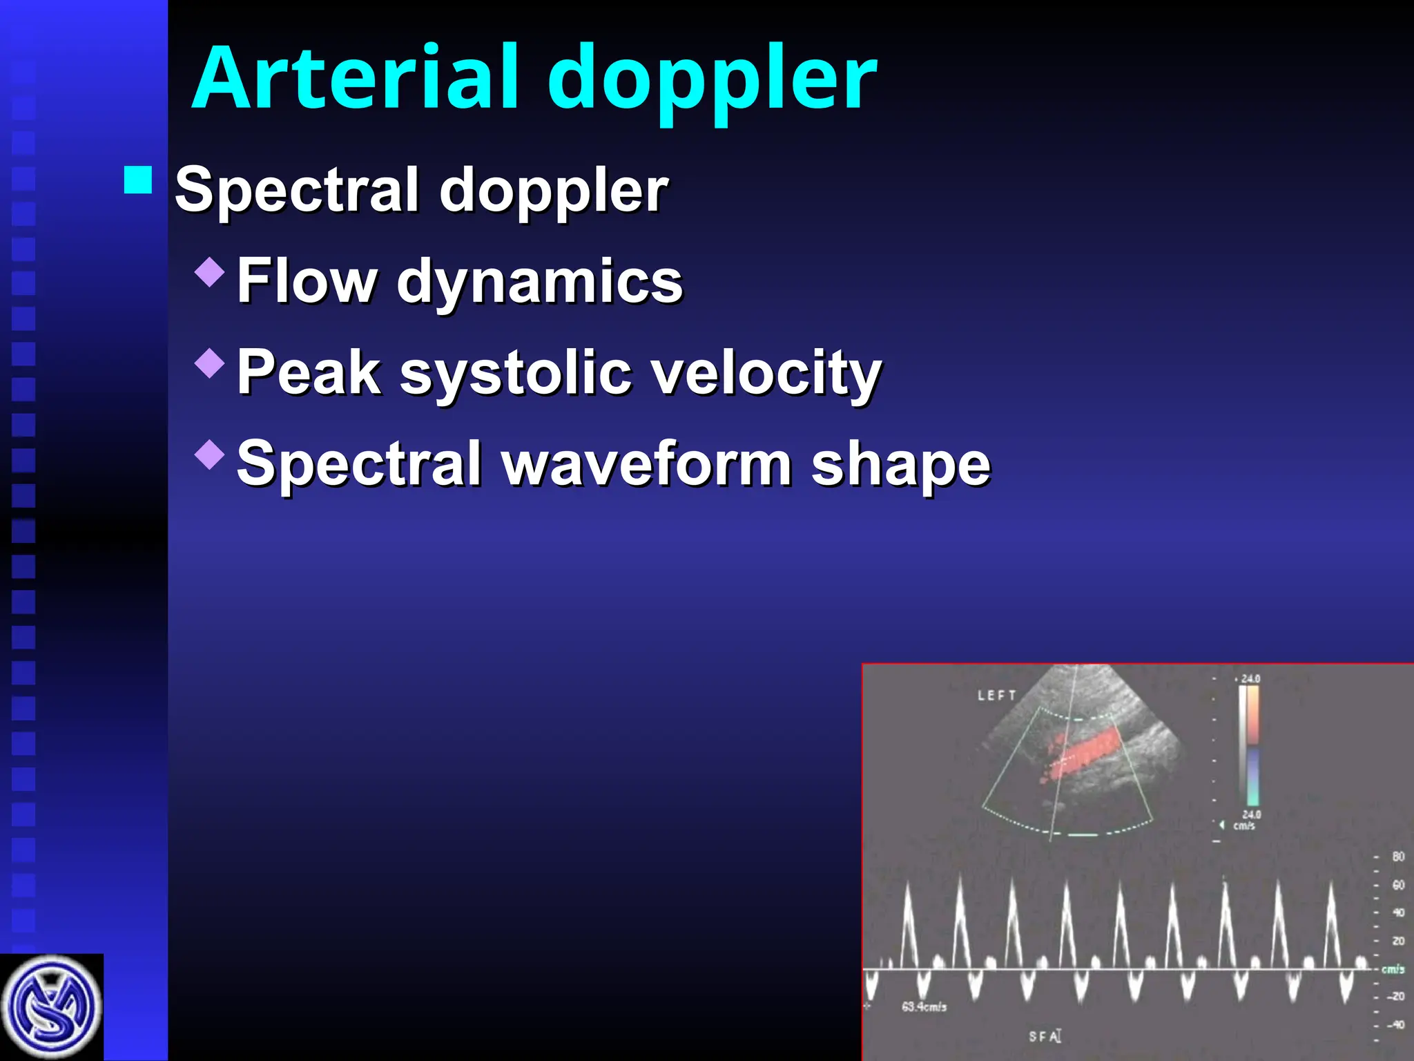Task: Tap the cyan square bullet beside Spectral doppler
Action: coord(138,180)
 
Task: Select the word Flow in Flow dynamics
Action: coord(306,280)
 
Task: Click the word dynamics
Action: coord(539,283)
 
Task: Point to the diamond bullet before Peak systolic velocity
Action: coord(210,363)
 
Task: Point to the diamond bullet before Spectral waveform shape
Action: coord(210,454)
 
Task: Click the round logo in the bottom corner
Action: coord(51,1007)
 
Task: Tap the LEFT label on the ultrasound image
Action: coord(996,696)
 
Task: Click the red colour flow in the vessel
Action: coord(1084,753)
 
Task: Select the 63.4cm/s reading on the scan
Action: coord(924,1007)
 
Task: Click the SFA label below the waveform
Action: coord(1044,1036)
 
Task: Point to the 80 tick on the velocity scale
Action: coord(1397,857)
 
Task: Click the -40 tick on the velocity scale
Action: coord(1395,1025)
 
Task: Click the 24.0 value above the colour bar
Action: coord(1250,678)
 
